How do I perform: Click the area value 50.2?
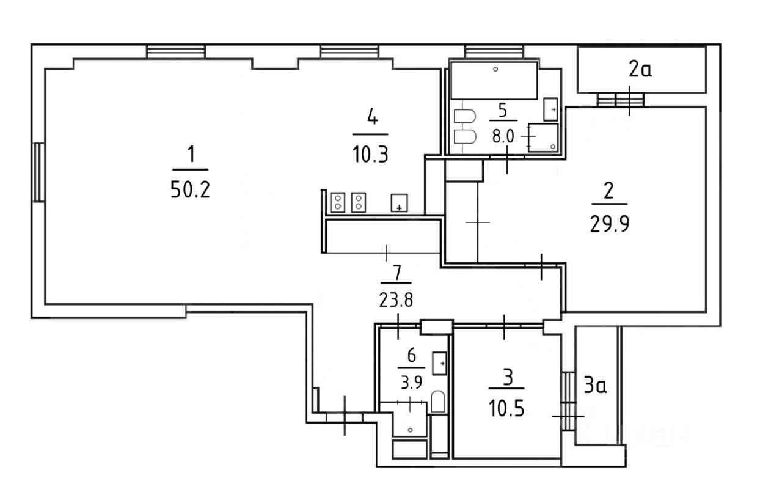click(190, 191)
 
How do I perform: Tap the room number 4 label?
click(371, 116)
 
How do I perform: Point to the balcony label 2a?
click(640, 70)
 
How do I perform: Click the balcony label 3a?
click(595, 386)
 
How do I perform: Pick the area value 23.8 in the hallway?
click(396, 300)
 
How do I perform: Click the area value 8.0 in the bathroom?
click(503, 136)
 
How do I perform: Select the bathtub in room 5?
click(494, 79)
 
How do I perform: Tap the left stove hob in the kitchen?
click(338, 202)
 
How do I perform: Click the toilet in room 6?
click(437, 402)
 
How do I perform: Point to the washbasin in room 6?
click(439, 363)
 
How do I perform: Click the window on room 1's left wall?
click(38, 172)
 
